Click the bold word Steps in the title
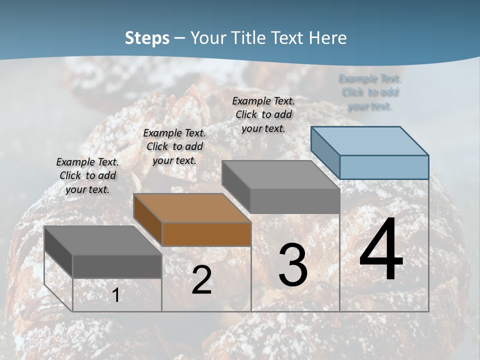click(147, 38)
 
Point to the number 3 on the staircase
click(293, 265)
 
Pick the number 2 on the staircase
click(201, 280)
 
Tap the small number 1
click(116, 295)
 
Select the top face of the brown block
click(192, 207)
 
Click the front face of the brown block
click(206, 234)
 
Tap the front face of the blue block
click(384, 167)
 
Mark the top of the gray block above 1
click(103, 240)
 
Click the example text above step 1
click(87, 176)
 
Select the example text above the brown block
click(174, 146)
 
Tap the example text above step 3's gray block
click(263, 114)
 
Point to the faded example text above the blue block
click(370, 92)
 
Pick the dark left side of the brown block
click(148, 218)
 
